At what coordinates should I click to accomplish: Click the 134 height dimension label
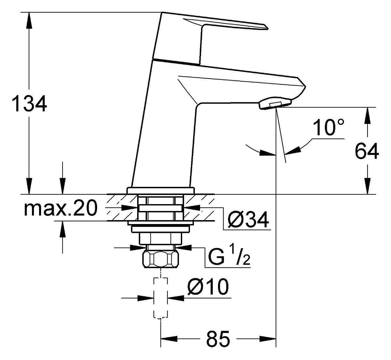click(29, 103)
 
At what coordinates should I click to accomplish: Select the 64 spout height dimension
click(367, 151)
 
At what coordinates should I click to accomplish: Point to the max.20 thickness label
click(60, 208)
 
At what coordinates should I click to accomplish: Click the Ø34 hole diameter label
click(248, 220)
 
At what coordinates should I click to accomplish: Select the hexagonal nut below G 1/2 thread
click(161, 260)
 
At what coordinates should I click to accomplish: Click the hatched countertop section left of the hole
click(122, 208)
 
